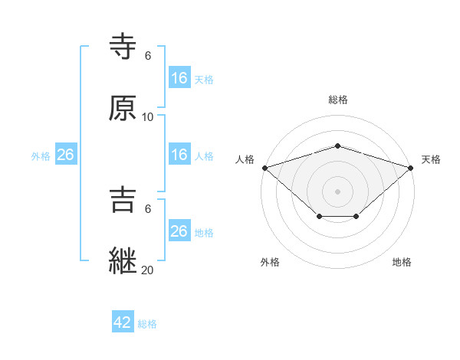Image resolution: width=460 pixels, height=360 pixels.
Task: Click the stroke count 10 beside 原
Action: click(x=148, y=116)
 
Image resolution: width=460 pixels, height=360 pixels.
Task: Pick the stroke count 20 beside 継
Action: click(x=148, y=269)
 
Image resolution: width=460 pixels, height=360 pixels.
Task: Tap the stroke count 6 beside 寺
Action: click(x=148, y=56)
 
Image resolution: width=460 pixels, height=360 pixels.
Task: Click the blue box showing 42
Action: click(x=123, y=322)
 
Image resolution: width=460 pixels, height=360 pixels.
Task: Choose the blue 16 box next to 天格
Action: click(x=179, y=78)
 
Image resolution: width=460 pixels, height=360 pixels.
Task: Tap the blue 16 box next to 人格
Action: click(x=179, y=155)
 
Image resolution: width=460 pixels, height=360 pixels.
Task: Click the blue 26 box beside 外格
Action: click(x=65, y=155)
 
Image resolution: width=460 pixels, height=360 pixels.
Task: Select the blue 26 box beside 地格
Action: click(x=179, y=231)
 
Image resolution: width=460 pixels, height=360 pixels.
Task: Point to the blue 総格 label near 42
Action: click(x=147, y=324)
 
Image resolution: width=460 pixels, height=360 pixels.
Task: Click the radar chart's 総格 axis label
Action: click(x=338, y=100)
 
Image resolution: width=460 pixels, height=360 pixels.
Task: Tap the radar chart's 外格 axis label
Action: click(x=270, y=263)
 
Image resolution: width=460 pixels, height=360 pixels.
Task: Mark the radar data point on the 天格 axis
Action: click(x=412, y=167)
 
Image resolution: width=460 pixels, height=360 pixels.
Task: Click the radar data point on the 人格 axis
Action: click(x=264, y=167)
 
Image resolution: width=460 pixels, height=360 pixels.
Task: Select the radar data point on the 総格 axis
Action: click(x=338, y=146)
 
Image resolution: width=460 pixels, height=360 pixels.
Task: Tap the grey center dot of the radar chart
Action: click(x=338, y=191)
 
